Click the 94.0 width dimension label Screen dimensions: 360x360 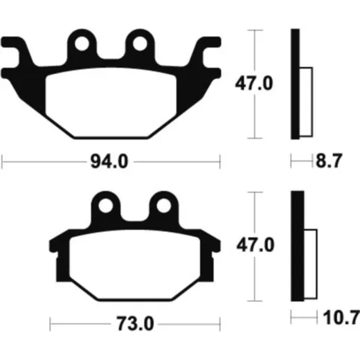click(109, 162)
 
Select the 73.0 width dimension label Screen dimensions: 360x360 click(135, 324)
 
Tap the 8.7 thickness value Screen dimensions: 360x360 click(329, 161)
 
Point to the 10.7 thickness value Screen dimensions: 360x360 click(341, 317)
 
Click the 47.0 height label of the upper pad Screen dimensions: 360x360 click(254, 83)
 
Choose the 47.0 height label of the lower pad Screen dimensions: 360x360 click(255, 245)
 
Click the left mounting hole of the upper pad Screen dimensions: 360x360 click(82, 44)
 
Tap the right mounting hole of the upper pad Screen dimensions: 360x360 click(140, 44)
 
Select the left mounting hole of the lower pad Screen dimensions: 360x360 click(106, 206)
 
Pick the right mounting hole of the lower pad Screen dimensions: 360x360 click(164, 206)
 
